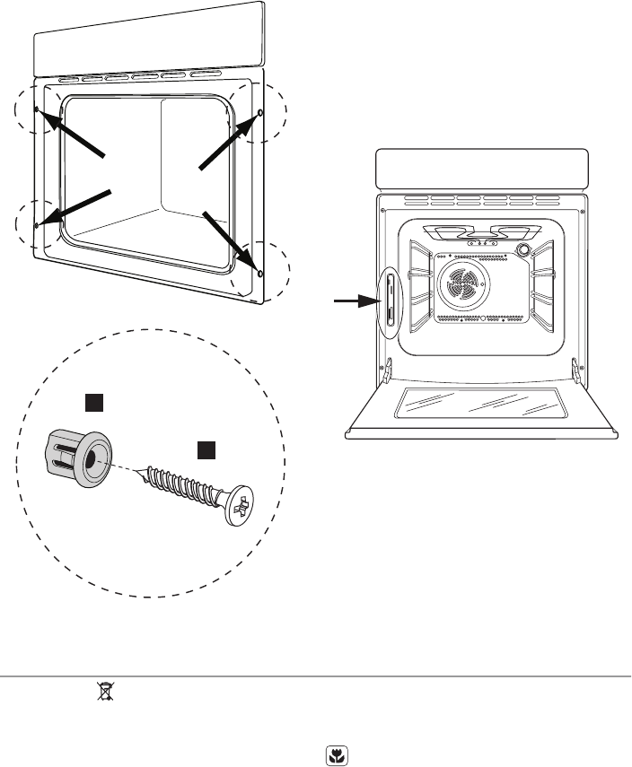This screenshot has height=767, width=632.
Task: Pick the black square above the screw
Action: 206,448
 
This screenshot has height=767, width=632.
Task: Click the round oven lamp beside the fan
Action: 523,248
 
